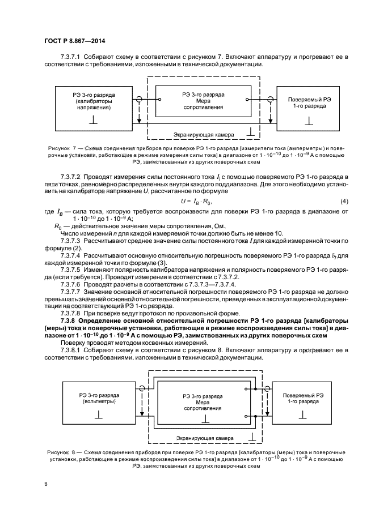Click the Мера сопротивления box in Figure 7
203,101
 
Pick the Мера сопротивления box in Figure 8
202,404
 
